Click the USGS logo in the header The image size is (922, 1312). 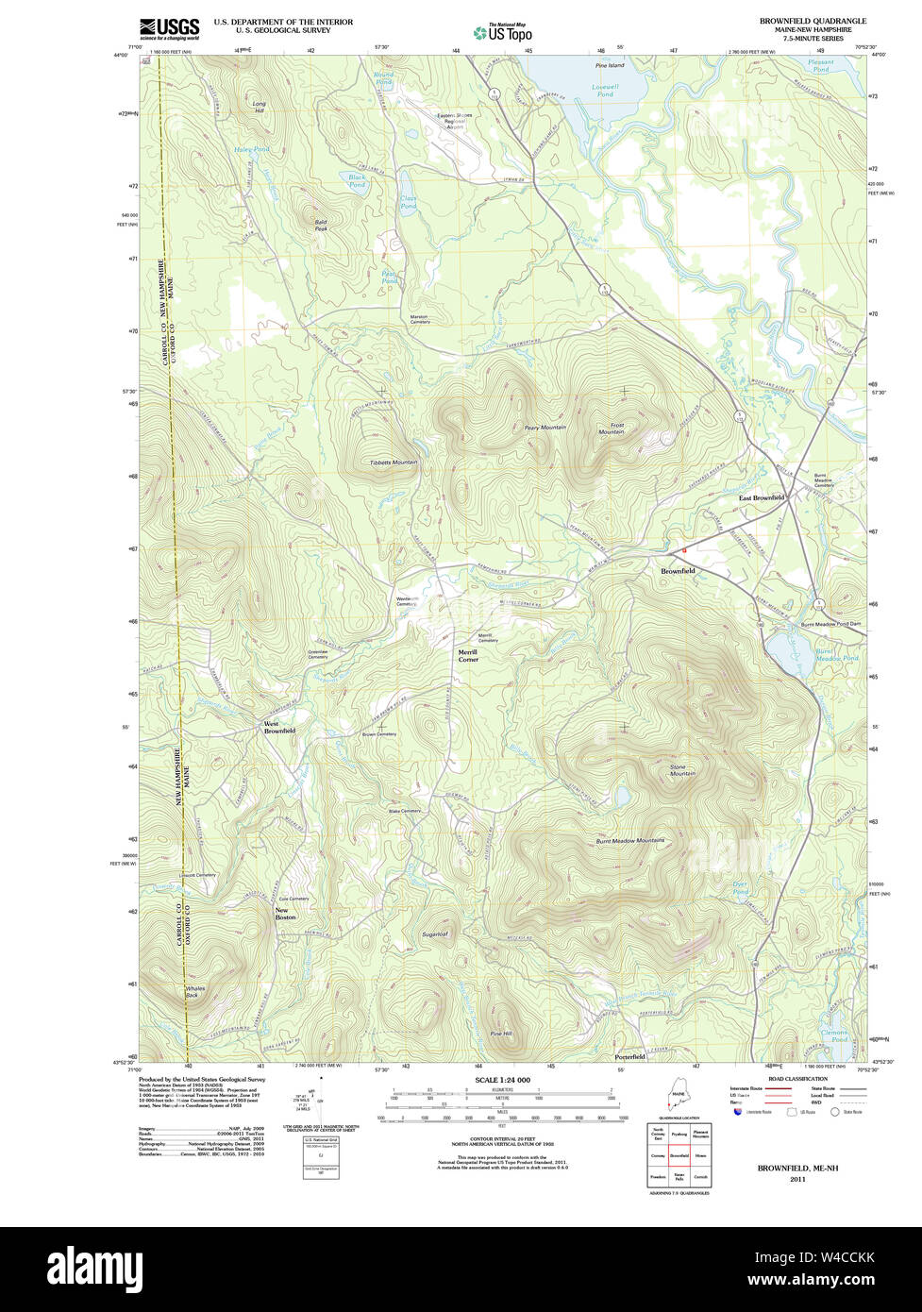tap(170, 29)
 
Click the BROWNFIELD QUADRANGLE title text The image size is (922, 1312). tap(813, 21)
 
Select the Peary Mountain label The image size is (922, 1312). tap(545, 428)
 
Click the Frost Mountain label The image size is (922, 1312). tap(612, 429)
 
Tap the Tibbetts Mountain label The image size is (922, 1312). tap(393, 463)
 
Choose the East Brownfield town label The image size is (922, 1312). tap(761, 497)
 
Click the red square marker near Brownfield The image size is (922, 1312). tap(684, 549)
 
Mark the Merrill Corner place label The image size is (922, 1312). tap(468, 656)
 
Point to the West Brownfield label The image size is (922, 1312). tap(279, 728)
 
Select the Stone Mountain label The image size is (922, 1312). tap(682, 770)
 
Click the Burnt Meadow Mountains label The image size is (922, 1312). tap(629, 840)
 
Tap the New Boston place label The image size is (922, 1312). tap(285, 914)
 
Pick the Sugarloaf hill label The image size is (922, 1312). tap(434, 934)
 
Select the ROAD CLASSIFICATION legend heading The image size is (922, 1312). tap(798, 1079)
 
